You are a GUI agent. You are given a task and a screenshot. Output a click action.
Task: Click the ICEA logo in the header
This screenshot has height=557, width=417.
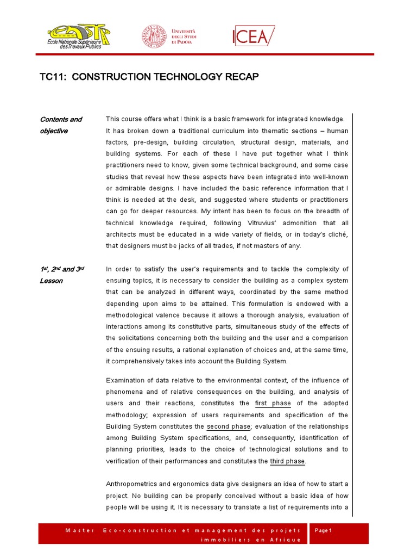click(254, 36)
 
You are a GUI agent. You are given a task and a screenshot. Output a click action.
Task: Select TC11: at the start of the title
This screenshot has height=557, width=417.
click(53, 77)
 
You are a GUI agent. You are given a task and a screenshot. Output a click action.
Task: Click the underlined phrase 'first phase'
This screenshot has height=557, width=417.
click(273, 404)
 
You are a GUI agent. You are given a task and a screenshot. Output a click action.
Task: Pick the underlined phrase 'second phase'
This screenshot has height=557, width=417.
click(228, 426)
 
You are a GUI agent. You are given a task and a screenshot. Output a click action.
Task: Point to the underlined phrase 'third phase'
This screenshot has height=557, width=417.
click(287, 461)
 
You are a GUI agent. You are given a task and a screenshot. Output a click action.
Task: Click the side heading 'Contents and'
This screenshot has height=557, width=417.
click(61, 120)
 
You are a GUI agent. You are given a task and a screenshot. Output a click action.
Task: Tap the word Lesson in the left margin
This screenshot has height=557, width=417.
click(51, 281)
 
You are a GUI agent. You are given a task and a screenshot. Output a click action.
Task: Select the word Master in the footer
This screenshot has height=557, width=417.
click(80, 530)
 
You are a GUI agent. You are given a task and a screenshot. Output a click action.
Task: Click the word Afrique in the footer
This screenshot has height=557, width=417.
click(285, 539)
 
